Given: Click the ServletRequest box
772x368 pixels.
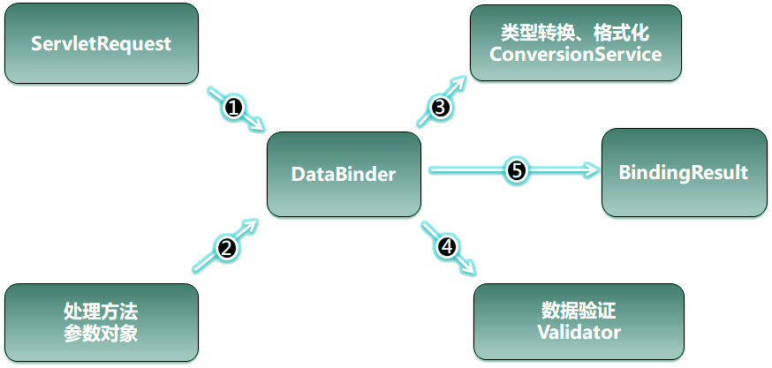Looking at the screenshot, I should [x=101, y=43].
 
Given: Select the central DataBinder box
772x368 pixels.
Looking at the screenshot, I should [x=344, y=173].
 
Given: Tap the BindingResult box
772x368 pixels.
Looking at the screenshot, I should [x=685, y=171].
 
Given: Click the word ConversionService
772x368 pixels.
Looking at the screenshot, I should [x=575, y=54].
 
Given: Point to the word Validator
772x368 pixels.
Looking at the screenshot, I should [x=579, y=332].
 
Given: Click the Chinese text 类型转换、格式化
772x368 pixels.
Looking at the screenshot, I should [x=575, y=34].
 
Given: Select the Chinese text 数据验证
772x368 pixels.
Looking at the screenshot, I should [x=579, y=312].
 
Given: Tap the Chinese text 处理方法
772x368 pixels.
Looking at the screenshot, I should [x=101, y=312].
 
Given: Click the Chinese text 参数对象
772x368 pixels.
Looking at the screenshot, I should [x=101, y=333].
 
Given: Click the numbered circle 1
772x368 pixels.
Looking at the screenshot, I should [x=233, y=108].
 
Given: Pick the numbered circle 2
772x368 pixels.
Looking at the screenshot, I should [x=226, y=248].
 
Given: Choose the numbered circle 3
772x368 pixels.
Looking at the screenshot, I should [x=440, y=108].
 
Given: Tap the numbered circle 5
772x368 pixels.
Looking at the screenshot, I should [x=516, y=170].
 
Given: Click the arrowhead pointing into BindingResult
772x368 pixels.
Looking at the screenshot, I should [x=593, y=170].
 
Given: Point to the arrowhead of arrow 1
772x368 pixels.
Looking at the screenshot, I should [x=260, y=126].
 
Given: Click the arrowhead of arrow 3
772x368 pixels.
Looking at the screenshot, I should [x=461, y=83].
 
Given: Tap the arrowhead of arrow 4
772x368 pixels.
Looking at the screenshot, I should [x=469, y=269].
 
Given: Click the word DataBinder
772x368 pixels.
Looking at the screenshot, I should [x=344, y=173].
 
